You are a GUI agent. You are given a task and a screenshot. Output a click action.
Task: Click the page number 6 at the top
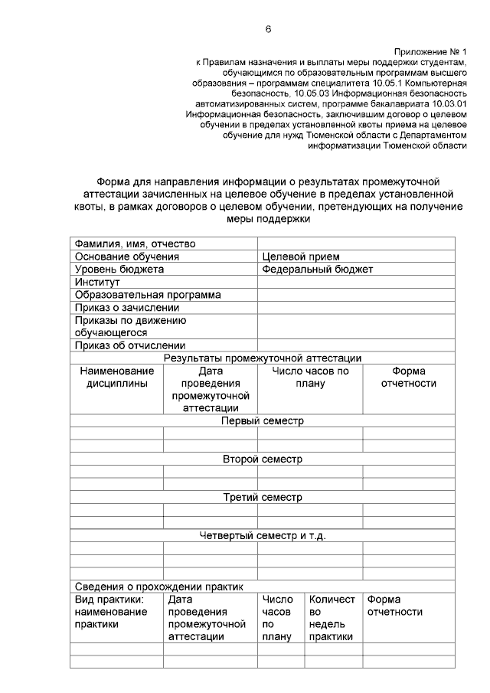(x=268, y=29)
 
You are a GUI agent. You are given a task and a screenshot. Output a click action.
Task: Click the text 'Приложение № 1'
(x=430, y=51)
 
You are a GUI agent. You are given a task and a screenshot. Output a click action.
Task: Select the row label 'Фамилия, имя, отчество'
(x=135, y=244)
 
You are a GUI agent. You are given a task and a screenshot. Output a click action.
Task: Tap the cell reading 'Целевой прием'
(x=300, y=257)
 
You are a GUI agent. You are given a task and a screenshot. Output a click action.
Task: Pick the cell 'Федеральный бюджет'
(x=317, y=270)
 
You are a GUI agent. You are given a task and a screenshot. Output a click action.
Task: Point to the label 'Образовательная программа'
(x=148, y=294)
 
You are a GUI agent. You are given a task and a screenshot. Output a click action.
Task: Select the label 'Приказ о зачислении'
(x=127, y=307)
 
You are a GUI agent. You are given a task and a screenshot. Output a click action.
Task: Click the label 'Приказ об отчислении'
(x=130, y=345)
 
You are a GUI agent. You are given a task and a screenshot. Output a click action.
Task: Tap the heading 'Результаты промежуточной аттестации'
(x=262, y=358)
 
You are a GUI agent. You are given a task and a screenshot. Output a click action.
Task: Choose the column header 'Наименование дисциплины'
(x=116, y=377)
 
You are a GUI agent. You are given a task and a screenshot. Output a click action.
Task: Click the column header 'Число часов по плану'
(x=310, y=377)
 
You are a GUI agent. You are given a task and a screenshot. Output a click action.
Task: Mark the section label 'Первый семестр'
(x=262, y=420)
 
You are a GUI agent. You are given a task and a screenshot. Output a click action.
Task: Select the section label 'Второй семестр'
(x=262, y=459)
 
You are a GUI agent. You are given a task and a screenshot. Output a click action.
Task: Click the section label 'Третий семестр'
(x=262, y=497)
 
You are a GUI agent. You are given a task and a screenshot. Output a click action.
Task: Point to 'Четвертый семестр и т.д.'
(x=262, y=535)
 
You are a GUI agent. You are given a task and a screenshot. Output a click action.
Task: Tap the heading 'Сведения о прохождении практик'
(x=158, y=587)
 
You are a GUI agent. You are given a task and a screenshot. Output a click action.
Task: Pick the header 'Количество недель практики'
(x=332, y=618)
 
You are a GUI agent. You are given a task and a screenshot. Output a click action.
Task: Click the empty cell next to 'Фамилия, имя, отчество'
(x=356, y=244)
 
